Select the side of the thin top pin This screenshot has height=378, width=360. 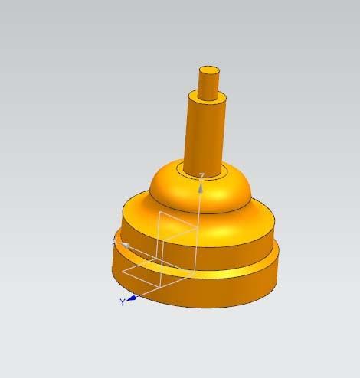click(x=208, y=85)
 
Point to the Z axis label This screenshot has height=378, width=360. click(x=201, y=176)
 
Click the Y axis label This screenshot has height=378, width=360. click(x=122, y=302)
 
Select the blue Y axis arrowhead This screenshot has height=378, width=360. click(x=132, y=298)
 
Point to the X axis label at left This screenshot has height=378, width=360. click(x=114, y=238)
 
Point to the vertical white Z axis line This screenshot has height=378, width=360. click(x=198, y=230)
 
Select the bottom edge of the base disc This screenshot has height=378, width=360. click(x=230, y=304)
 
